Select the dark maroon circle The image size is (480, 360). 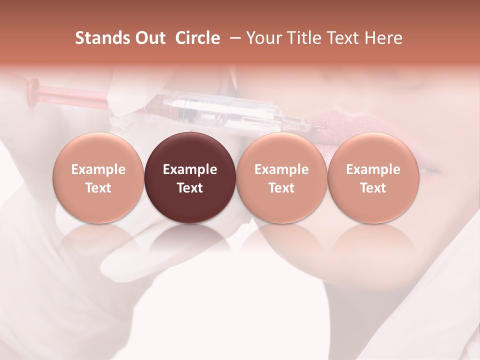coord(190,178)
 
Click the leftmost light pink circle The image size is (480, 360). coord(98,178)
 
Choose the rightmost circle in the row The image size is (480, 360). coord(373,178)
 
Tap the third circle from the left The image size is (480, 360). coord(281,178)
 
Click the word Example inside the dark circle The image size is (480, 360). coord(190,169)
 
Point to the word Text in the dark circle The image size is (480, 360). coord(190,188)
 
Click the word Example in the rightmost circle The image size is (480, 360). coord(373,169)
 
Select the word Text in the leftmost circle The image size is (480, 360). coord(98,188)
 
